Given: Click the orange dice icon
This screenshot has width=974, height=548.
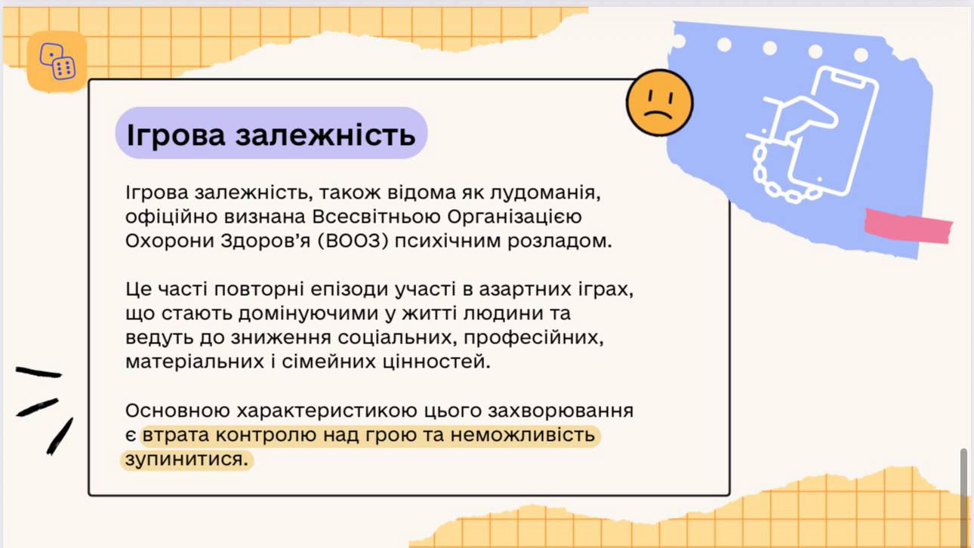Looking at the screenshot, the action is [57, 61].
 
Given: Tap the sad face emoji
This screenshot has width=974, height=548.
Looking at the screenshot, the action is [660, 103].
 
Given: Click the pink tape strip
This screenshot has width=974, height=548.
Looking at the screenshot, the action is [908, 226].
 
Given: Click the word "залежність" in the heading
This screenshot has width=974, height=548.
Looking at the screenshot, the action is [325, 134].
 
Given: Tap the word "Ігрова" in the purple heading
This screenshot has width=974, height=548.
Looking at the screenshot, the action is [176, 136].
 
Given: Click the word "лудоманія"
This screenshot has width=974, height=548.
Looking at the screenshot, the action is [545, 192].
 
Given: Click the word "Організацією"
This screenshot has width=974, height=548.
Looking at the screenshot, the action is [514, 217].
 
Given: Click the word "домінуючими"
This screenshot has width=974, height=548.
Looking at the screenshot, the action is [308, 314].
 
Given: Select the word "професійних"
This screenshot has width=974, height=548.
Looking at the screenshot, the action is [534, 337].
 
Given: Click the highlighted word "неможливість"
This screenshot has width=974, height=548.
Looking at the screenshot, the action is [522, 435].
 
